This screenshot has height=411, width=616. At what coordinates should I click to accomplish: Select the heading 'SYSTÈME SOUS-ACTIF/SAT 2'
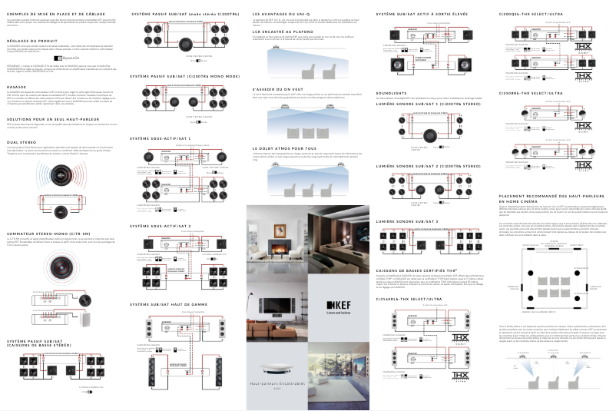(161, 227)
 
